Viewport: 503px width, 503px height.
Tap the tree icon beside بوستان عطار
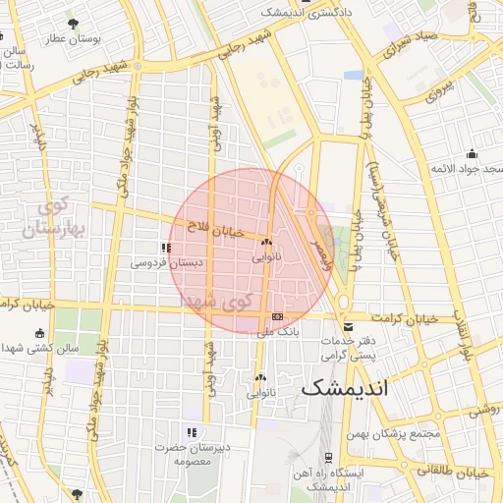[x=73, y=23]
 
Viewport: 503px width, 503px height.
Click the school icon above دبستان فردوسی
[x=164, y=248]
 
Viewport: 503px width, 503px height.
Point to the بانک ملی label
[x=278, y=333]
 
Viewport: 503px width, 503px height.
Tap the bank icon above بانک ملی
[x=278, y=317]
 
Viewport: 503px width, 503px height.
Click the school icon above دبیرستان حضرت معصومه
[x=192, y=432]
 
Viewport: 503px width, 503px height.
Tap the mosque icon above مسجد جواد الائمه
[x=472, y=153]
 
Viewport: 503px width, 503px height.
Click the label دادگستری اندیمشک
[x=300, y=12]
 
